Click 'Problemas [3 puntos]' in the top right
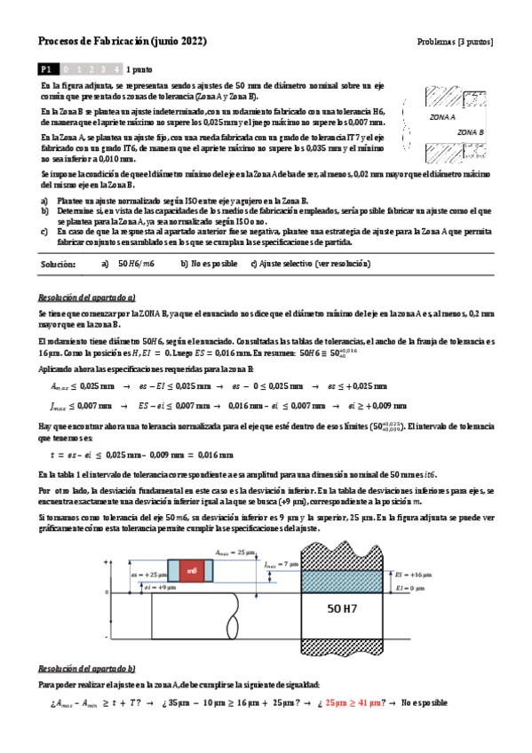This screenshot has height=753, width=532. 455,42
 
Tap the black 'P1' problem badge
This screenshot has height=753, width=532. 47,68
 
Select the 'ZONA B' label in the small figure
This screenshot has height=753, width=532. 470,131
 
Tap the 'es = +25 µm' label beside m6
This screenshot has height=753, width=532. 148,575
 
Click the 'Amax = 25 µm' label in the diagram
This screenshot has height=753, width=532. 234,551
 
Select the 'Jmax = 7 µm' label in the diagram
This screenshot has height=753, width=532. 282,563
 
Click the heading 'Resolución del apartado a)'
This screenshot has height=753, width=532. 87,297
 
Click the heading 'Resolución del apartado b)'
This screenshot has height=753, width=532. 87,668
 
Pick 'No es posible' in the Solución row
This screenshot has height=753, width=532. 209,264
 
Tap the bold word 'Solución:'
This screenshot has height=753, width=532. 59,264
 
